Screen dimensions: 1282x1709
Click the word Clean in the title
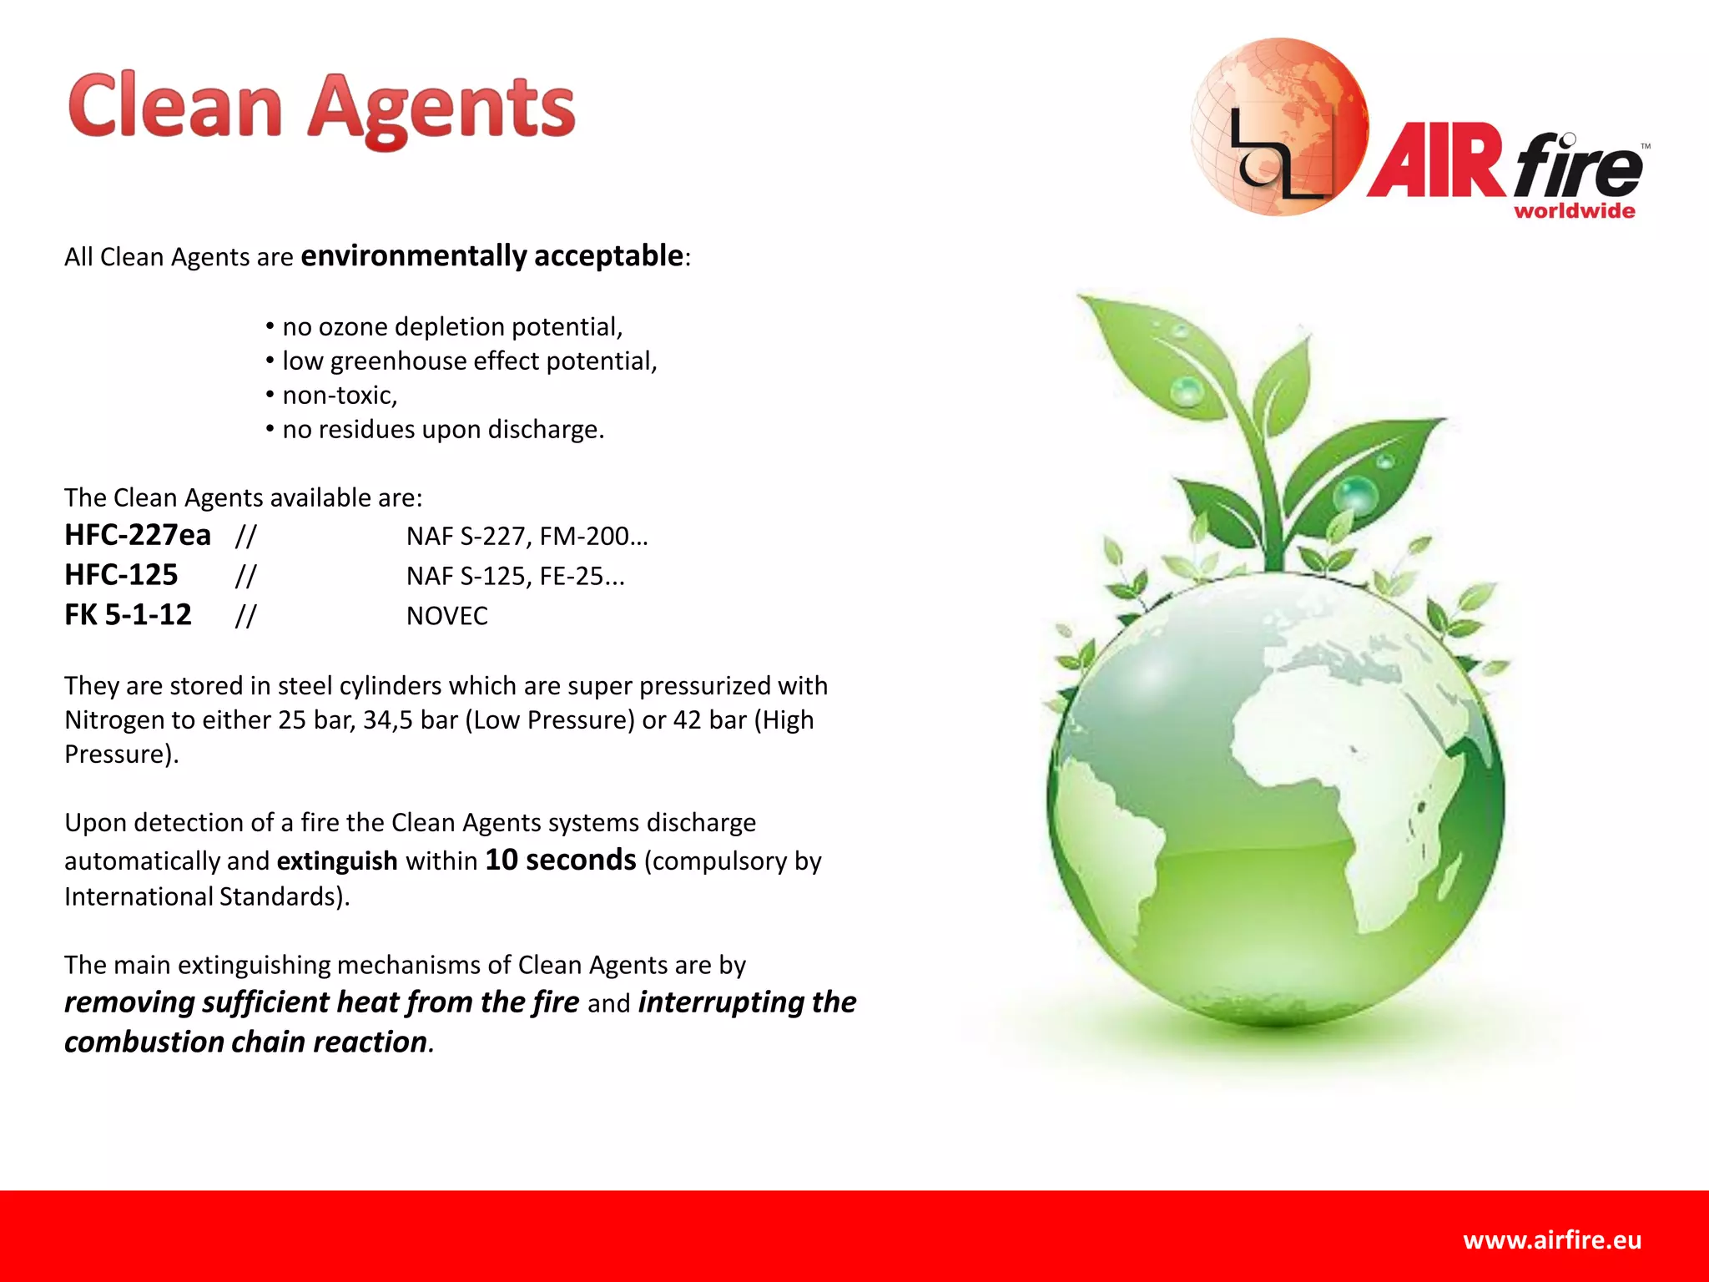[175, 107]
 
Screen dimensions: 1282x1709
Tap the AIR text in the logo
[1437, 162]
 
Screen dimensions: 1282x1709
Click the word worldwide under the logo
[1574, 211]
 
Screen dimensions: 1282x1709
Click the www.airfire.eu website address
[1551, 1240]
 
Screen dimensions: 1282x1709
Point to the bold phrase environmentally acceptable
[492, 255]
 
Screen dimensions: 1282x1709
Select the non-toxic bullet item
[339, 395]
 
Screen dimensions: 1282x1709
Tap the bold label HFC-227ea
[138, 535]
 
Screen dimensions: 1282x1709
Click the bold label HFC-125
[121, 575]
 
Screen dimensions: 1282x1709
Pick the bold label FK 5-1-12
[128, 615]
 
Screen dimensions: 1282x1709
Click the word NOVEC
[446, 616]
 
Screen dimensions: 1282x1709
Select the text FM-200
[588, 536]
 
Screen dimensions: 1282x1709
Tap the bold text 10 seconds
[560, 860]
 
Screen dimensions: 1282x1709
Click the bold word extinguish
[337, 861]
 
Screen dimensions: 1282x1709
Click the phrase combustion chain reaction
[246, 1042]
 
